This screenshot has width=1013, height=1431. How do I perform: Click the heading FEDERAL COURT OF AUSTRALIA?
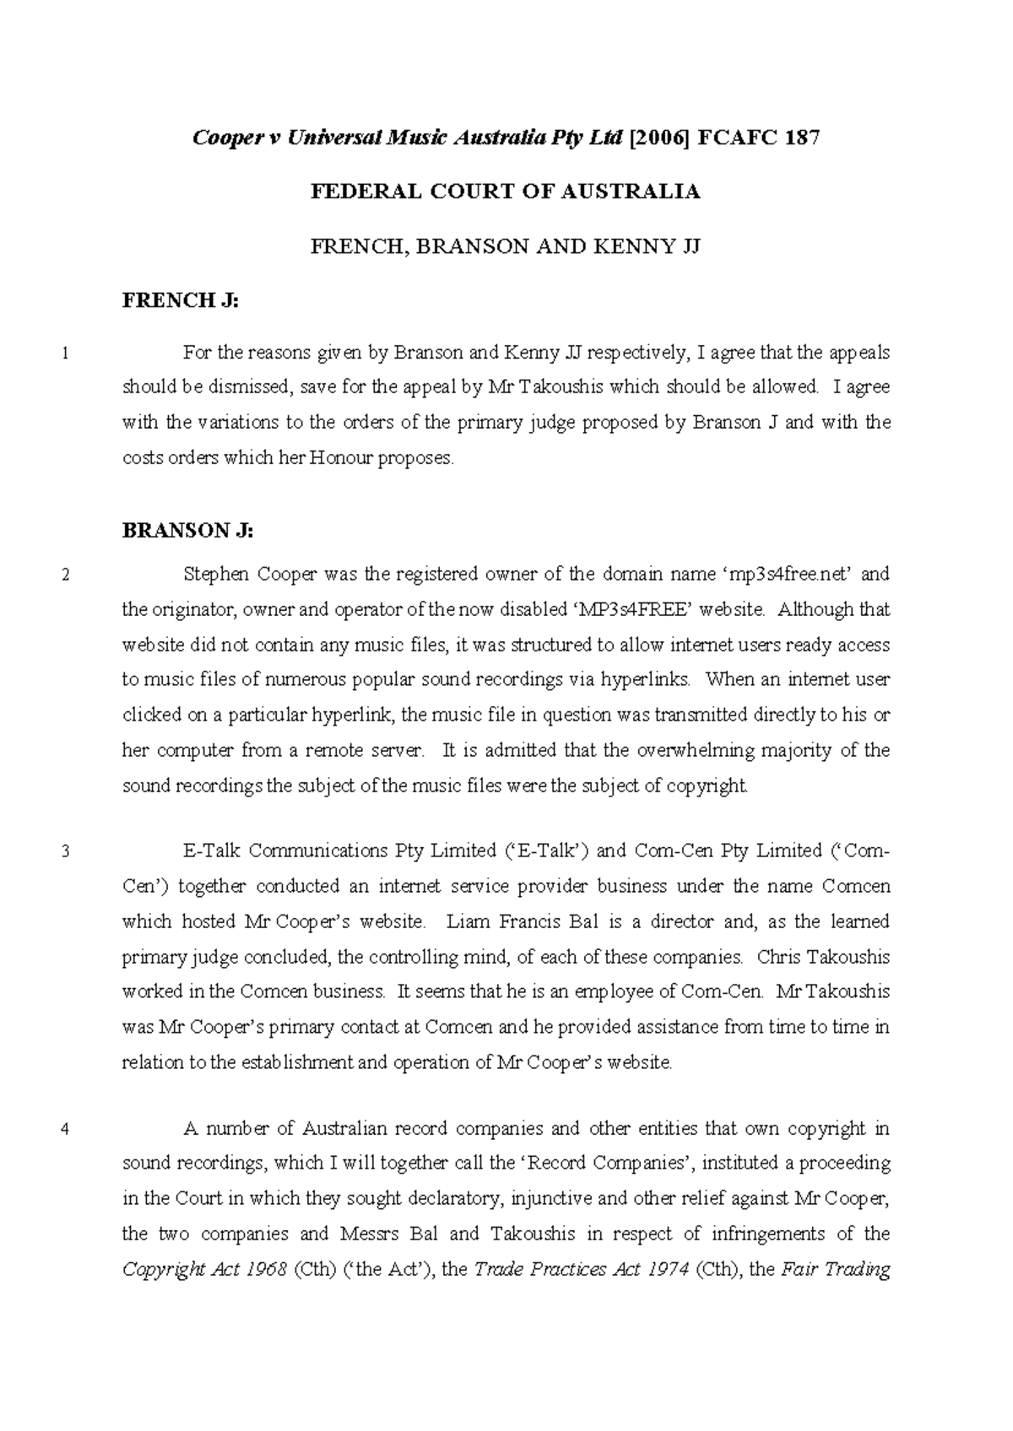click(x=506, y=192)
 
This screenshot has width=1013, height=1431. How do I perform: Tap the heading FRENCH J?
click(x=181, y=300)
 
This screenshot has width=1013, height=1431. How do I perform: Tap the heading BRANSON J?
click(x=187, y=531)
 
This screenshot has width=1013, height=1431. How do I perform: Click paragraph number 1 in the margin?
click(x=66, y=354)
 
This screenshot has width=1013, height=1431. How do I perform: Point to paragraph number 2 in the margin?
click(x=66, y=576)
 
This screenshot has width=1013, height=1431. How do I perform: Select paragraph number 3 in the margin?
click(x=66, y=852)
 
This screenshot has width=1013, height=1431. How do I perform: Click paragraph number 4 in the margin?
click(x=66, y=1130)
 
